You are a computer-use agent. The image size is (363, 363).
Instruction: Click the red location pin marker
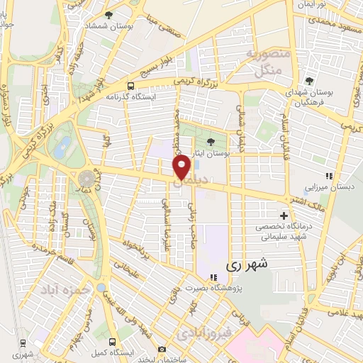click(181, 167)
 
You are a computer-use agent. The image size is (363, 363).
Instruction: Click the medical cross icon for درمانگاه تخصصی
click(284, 215)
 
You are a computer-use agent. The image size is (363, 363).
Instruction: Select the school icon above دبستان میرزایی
click(328, 175)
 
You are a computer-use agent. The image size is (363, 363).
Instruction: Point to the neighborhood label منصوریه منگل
click(264, 62)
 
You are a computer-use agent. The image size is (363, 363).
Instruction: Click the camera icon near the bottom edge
click(162, 349)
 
